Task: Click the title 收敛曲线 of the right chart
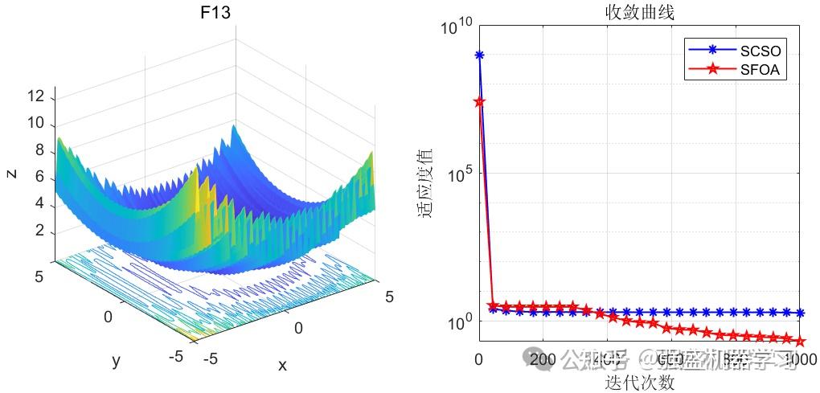pos(639,13)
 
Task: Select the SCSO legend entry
pos(761,51)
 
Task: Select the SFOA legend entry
pos(761,70)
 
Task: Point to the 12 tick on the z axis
pos(35,97)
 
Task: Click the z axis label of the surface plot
pos(11,173)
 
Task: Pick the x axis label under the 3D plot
pos(282,365)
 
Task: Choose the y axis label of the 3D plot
pos(117,361)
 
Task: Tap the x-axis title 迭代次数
pos(639,383)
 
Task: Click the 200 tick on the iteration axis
pos(543,358)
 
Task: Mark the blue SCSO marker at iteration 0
pos(479,55)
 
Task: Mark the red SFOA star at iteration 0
pos(479,102)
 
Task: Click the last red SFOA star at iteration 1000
pos(799,341)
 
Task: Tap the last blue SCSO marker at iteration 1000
pos(799,313)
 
